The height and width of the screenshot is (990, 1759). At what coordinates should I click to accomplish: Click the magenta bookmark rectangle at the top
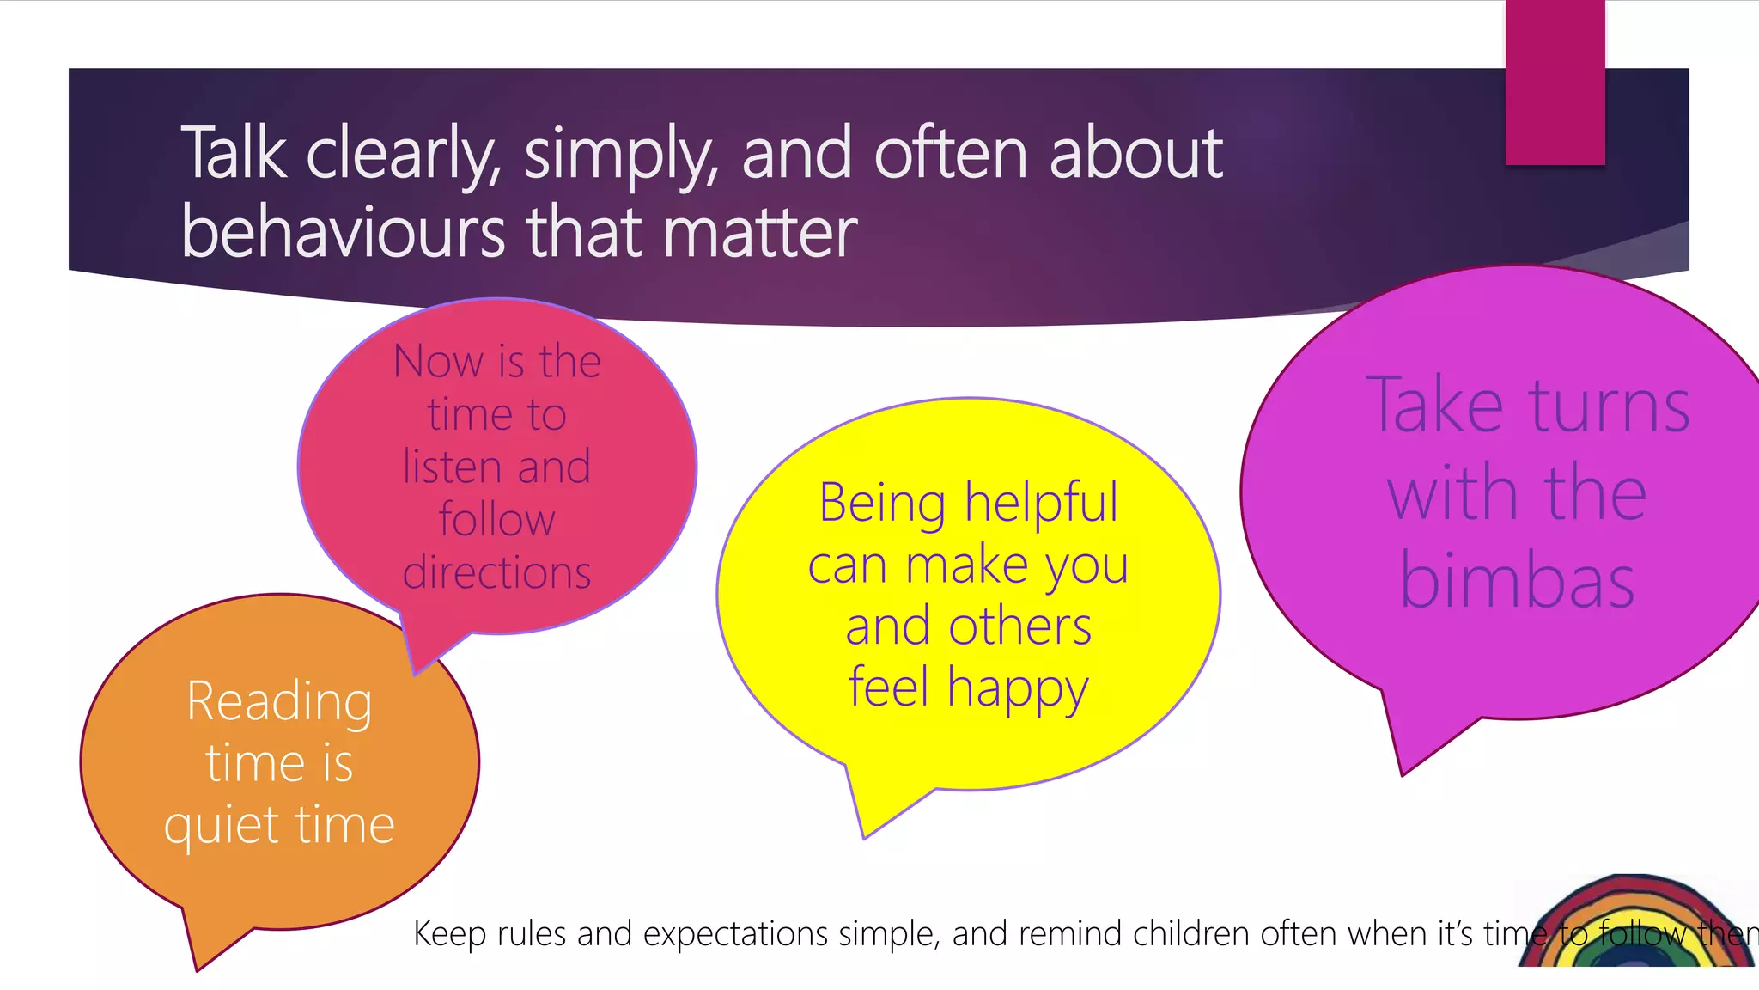[x=1555, y=82]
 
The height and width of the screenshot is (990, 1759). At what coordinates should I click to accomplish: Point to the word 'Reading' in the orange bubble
[x=279, y=701]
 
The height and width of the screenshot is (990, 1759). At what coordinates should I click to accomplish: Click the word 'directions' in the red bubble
[x=496, y=573]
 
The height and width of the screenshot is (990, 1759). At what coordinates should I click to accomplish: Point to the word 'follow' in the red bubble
[x=496, y=520]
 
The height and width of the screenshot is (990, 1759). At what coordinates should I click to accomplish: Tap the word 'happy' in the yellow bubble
[x=1018, y=689]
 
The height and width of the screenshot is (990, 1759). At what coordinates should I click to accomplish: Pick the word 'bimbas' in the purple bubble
[x=1517, y=583]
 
